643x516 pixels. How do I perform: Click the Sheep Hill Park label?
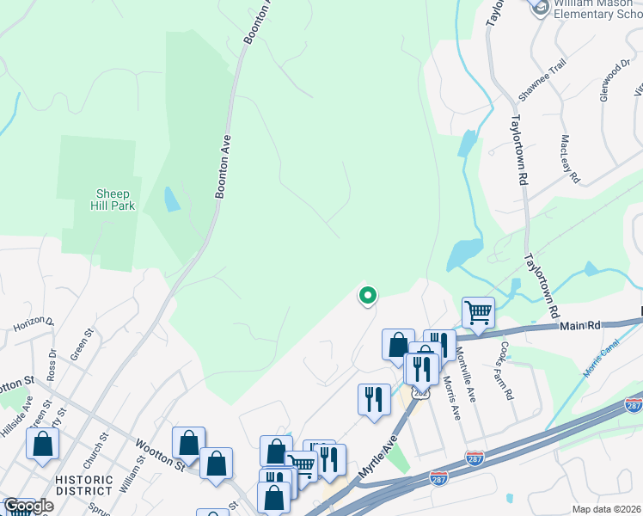coord(113,200)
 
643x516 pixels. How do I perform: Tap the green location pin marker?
coord(367,296)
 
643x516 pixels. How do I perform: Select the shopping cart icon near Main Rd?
coord(478,313)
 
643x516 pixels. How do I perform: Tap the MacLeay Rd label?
coord(571,158)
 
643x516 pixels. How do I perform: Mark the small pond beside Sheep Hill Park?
coord(172,200)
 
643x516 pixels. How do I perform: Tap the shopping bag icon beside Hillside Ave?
coord(42,444)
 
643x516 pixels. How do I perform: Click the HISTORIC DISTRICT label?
coord(83,485)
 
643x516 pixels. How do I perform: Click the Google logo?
coord(28,506)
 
